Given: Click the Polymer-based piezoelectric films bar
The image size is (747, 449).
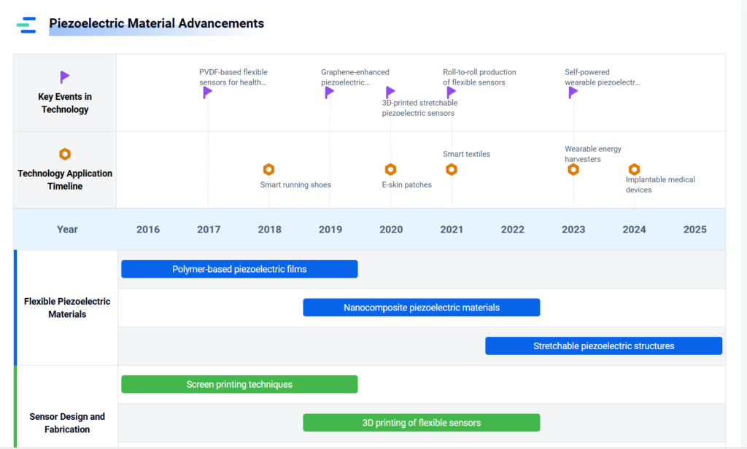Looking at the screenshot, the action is pos(239,269).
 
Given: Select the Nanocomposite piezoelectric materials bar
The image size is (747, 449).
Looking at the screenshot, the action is pos(422,308).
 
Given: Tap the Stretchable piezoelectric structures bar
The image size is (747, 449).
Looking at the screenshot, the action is pos(603,346).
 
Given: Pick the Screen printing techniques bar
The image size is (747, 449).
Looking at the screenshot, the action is pos(239,384).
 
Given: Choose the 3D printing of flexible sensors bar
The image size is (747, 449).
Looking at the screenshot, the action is pos(422,423).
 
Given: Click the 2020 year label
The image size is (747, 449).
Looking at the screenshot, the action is pos(391,230).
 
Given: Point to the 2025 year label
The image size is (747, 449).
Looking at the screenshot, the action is pos(695,230).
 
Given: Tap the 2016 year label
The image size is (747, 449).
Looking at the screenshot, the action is pos(148,230).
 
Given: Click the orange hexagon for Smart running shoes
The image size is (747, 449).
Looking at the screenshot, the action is pos(268,170).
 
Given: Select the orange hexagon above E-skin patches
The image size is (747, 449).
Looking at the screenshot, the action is pos(391,170).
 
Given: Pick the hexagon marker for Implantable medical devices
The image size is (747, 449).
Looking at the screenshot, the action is pos(634,170).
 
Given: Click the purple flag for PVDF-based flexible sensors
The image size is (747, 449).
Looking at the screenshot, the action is pos(207,93).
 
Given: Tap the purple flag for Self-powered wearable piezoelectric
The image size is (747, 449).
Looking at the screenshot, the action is pos(573,93).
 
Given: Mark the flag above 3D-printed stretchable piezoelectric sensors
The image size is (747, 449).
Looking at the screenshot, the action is pos(390,93).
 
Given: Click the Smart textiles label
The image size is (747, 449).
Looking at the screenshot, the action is pos(466,154).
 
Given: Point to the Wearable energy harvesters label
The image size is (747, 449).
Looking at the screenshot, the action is pos(593,154).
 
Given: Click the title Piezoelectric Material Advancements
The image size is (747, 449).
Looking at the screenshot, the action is pos(156,23).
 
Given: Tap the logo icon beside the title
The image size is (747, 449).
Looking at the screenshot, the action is pos(26,25).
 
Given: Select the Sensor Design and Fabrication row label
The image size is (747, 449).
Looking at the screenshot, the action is pos(67,423).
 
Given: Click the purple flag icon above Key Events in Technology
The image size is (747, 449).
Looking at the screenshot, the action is pos(65,77).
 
